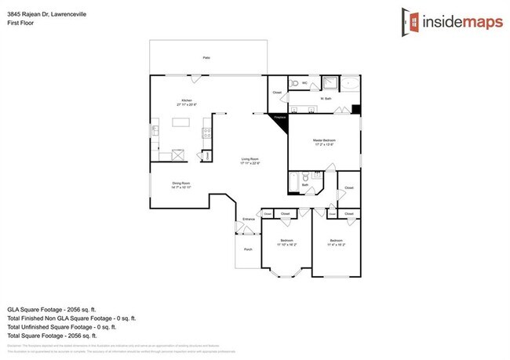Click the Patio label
[x=206, y=57]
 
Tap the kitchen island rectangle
[x=182, y=123]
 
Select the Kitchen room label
[x=187, y=100]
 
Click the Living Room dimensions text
[x=250, y=163]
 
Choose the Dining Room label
[x=181, y=184]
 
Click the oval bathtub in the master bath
[x=348, y=82]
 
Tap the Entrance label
[x=248, y=219]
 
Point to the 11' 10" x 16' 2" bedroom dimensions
[x=286, y=245]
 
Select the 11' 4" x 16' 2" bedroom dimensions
[x=336, y=245]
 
